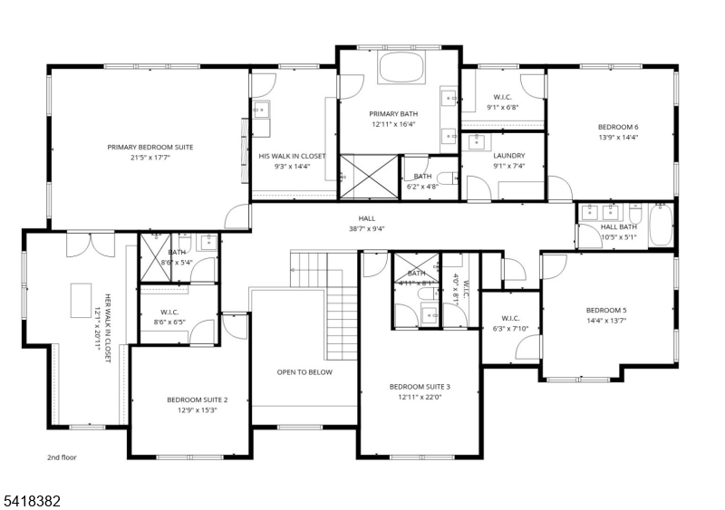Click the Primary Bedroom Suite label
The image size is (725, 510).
click(150, 147)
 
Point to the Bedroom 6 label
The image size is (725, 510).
click(618, 127)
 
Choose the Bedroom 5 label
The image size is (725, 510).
click(606, 310)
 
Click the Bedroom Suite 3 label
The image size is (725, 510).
click(420, 387)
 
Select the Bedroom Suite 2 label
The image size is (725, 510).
click(197, 399)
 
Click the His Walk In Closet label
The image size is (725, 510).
click(292, 156)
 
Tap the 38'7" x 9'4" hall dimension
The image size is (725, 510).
click(366, 229)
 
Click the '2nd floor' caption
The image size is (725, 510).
click(63, 457)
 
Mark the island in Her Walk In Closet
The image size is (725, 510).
click(80, 299)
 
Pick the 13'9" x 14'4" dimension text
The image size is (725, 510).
click(618, 138)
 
